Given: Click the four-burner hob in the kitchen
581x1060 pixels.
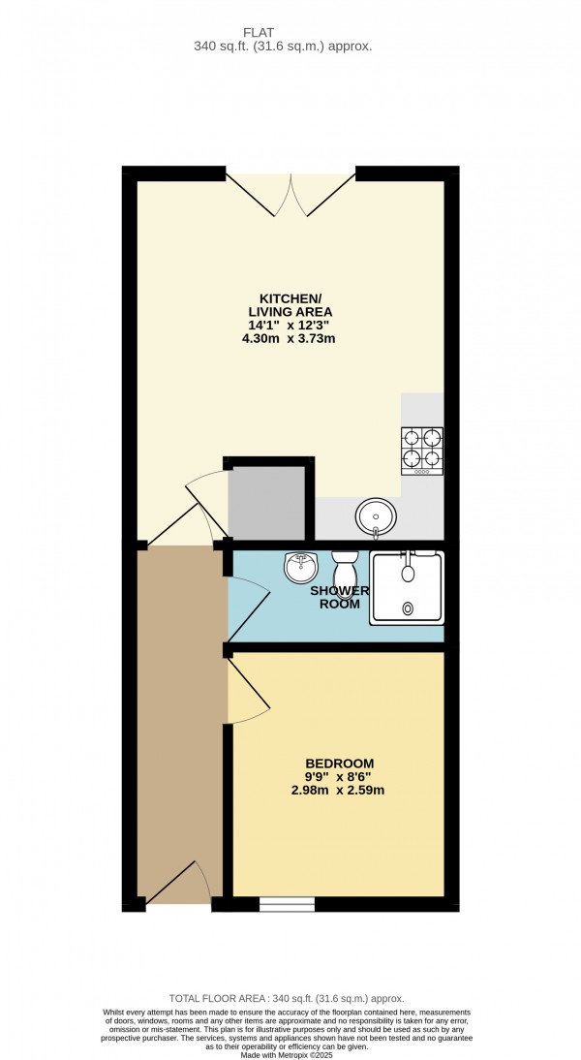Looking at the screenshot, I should click(x=422, y=451).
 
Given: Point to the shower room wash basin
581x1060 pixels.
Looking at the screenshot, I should click(x=301, y=568).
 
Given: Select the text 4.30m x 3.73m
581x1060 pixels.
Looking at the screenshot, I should click(x=290, y=338).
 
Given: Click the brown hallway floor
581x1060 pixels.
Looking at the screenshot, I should click(x=181, y=717).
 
